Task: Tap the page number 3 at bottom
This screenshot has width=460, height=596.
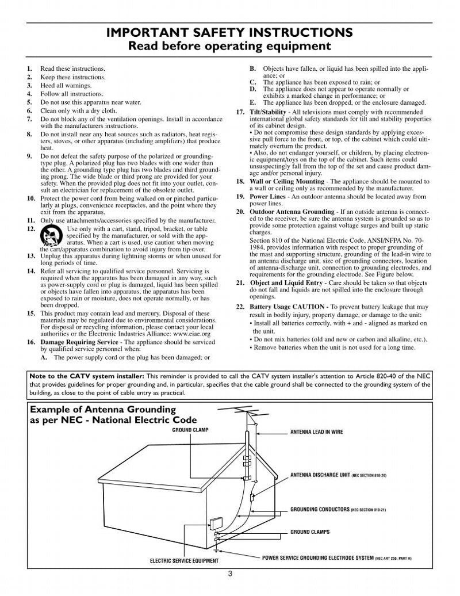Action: [x=230, y=572]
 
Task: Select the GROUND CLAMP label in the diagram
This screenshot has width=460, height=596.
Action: [x=190, y=430]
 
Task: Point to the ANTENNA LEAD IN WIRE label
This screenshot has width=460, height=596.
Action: [x=316, y=431]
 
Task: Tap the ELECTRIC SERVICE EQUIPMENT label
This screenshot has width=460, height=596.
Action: [x=184, y=560]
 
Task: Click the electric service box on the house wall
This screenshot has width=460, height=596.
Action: [x=216, y=524]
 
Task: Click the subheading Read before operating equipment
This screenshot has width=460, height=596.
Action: [x=230, y=45]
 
